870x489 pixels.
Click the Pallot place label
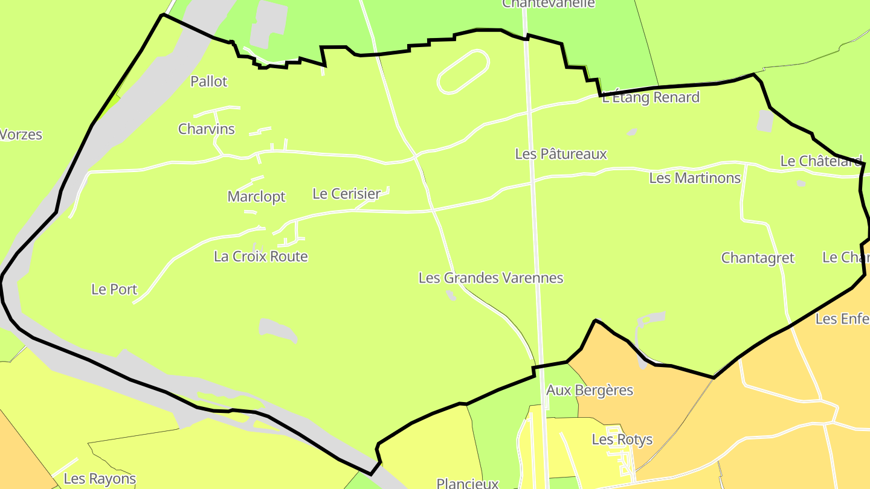tap(209, 81)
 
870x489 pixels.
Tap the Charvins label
tap(207, 129)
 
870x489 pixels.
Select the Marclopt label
tap(256, 197)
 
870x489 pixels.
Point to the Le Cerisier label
tap(346, 194)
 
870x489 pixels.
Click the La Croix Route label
tap(261, 257)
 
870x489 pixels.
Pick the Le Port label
tap(114, 289)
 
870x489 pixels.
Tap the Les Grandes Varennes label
tap(491, 278)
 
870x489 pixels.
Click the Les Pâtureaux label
tap(561, 155)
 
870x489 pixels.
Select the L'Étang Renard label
tap(651, 98)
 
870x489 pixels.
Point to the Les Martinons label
tap(695, 178)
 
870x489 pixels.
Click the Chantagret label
tap(758, 258)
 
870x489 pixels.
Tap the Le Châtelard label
tap(821, 161)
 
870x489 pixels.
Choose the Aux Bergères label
tap(589, 391)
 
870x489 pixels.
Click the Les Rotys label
tap(622, 439)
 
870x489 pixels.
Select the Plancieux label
tap(468, 483)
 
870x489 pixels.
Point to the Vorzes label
tap(21, 135)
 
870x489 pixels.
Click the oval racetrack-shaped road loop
tap(463, 72)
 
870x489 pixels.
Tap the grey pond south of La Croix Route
tap(278, 330)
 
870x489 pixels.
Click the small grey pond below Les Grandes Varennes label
tap(451, 295)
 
